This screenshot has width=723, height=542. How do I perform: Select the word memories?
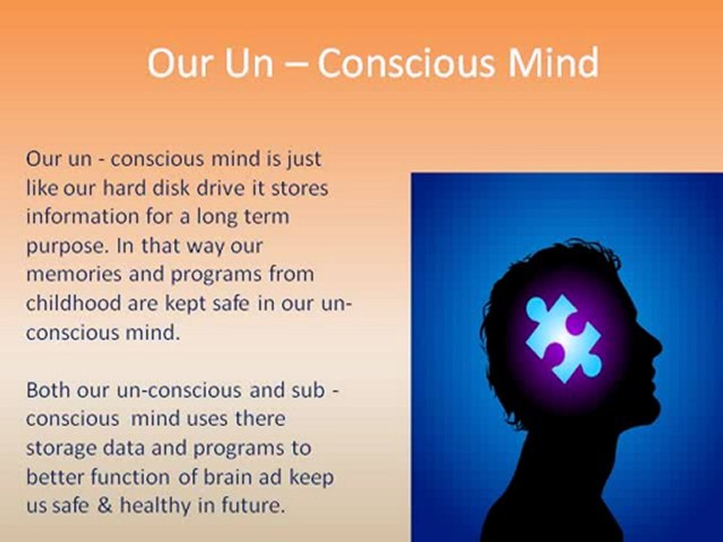(69, 274)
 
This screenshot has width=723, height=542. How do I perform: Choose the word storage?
(56, 448)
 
